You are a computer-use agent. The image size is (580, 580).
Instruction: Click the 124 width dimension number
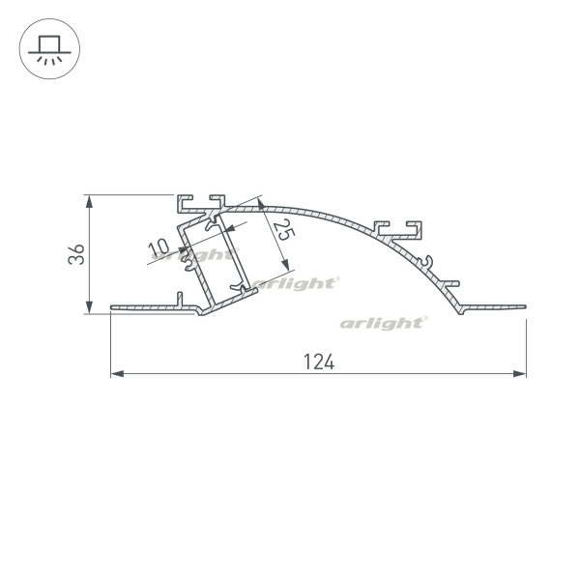319,362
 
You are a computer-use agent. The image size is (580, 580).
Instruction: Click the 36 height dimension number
76,254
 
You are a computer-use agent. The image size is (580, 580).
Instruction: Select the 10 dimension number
159,247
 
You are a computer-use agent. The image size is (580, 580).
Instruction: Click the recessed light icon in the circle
49,49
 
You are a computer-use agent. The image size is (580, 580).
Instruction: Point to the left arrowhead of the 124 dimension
117,374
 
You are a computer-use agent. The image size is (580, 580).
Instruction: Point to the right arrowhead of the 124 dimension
520,374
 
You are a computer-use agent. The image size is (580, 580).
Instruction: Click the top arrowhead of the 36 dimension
89,202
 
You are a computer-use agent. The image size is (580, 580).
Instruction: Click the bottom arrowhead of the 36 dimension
89,307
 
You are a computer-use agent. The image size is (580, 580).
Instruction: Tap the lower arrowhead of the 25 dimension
285,265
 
